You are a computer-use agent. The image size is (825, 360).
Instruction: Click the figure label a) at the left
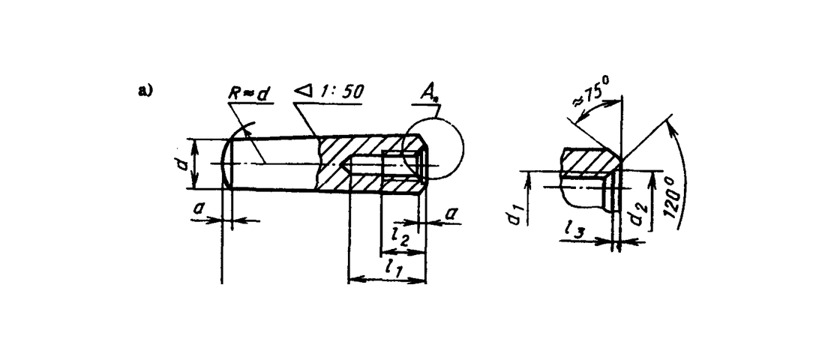pos(145,91)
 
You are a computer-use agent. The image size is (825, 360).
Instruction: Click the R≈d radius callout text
pos(248,93)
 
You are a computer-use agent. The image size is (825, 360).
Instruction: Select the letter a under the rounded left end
pos(198,209)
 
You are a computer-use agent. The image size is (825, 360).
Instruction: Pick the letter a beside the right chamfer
pos(451,213)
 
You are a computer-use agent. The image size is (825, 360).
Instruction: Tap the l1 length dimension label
pos(394,267)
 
